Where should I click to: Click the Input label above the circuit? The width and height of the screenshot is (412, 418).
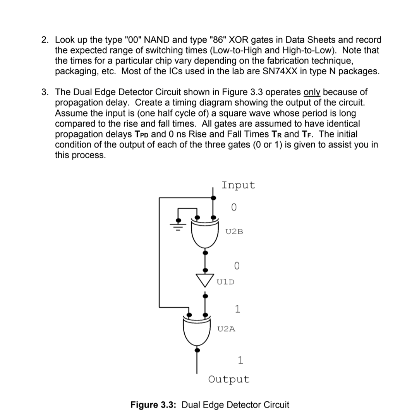[238, 185]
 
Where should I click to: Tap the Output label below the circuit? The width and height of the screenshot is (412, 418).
[229, 379]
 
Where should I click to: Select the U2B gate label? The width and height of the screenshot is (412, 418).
[234, 232]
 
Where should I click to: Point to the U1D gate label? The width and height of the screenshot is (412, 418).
[225, 281]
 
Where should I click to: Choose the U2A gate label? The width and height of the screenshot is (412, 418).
[227, 329]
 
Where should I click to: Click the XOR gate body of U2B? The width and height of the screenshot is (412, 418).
[205, 233]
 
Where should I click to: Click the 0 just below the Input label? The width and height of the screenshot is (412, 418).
[233, 207]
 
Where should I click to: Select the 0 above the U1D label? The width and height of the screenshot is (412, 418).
[237, 266]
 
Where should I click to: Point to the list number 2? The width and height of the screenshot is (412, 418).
[46, 40]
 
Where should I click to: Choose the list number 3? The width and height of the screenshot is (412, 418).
[46, 93]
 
